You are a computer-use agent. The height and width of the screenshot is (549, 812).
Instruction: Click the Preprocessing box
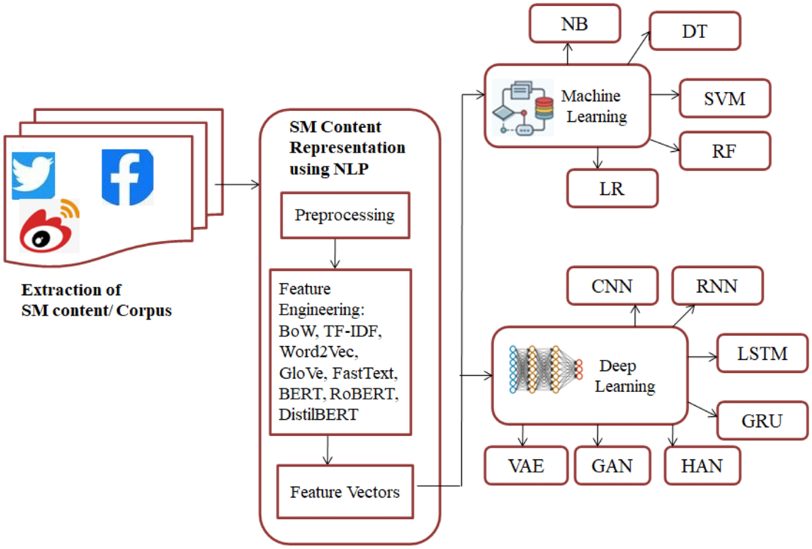pyautogui.click(x=344, y=215)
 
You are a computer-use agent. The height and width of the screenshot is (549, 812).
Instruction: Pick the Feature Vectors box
pyautogui.click(x=345, y=491)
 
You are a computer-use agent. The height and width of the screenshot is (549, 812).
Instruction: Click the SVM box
pyautogui.click(x=724, y=99)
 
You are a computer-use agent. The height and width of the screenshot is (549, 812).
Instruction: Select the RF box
pyautogui.click(x=725, y=150)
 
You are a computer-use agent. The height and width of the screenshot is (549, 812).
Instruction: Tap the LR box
pyautogui.click(x=612, y=188)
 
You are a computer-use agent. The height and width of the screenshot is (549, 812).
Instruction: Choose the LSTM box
pyautogui.click(x=762, y=353)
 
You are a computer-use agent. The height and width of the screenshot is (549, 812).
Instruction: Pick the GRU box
pyautogui.click(x=762, y=420)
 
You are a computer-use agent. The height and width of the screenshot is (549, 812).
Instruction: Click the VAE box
pyautogui.click(x=525, y=465)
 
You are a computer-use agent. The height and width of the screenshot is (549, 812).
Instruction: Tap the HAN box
pyautogui.click(x=702, y=465)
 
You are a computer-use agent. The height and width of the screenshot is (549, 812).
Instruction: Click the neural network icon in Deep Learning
pyautogui.click(x=545, y=369)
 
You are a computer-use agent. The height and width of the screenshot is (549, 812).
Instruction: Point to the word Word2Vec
pyautogui.click(x=312, y=351)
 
